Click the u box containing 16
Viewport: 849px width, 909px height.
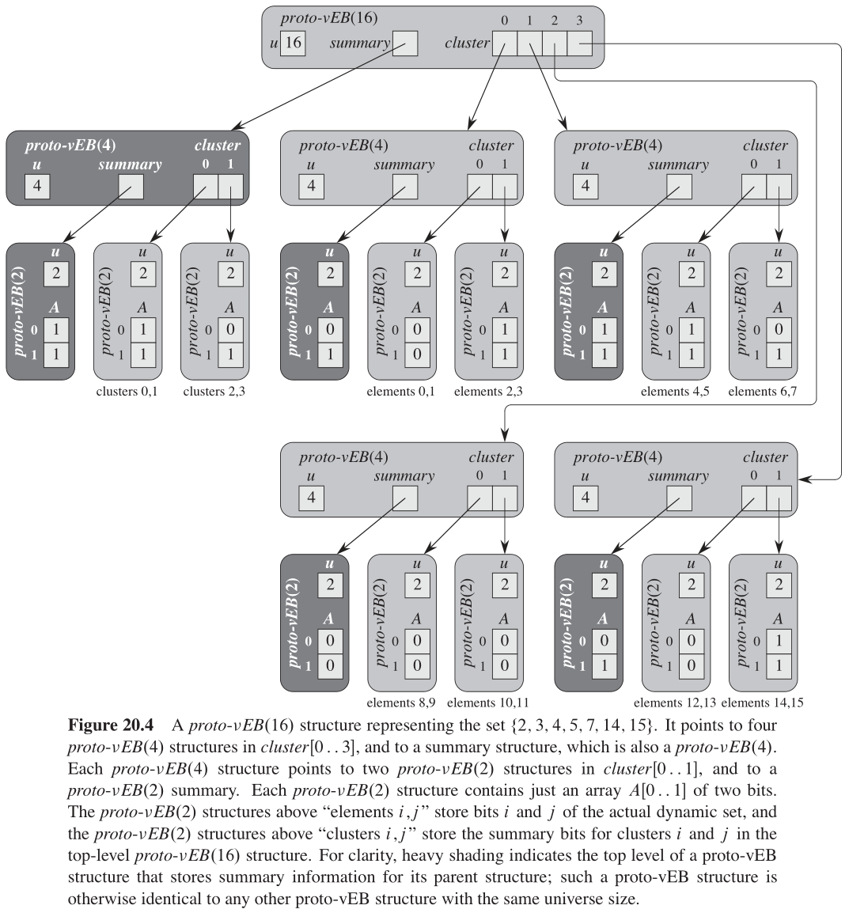[293, 43]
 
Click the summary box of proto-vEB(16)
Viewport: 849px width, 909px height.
[404, 44]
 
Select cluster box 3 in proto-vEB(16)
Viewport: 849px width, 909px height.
[580, 44]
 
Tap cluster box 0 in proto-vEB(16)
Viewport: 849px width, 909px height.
[505, 44]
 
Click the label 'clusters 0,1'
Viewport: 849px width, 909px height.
[127, 392]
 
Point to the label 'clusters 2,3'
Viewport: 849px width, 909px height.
[214, 392]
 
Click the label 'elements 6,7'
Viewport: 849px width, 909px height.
[762, 392]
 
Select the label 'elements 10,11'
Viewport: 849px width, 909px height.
[488, 703]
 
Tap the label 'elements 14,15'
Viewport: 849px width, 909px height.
[763, 703]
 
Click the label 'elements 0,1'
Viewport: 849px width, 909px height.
[400, 392]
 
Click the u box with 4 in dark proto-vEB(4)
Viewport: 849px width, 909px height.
[37, 186]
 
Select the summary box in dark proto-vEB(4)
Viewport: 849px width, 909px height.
[131, 186]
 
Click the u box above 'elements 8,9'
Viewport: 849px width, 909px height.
[417, 585]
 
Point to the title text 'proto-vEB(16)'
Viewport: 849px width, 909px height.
[323, 18]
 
